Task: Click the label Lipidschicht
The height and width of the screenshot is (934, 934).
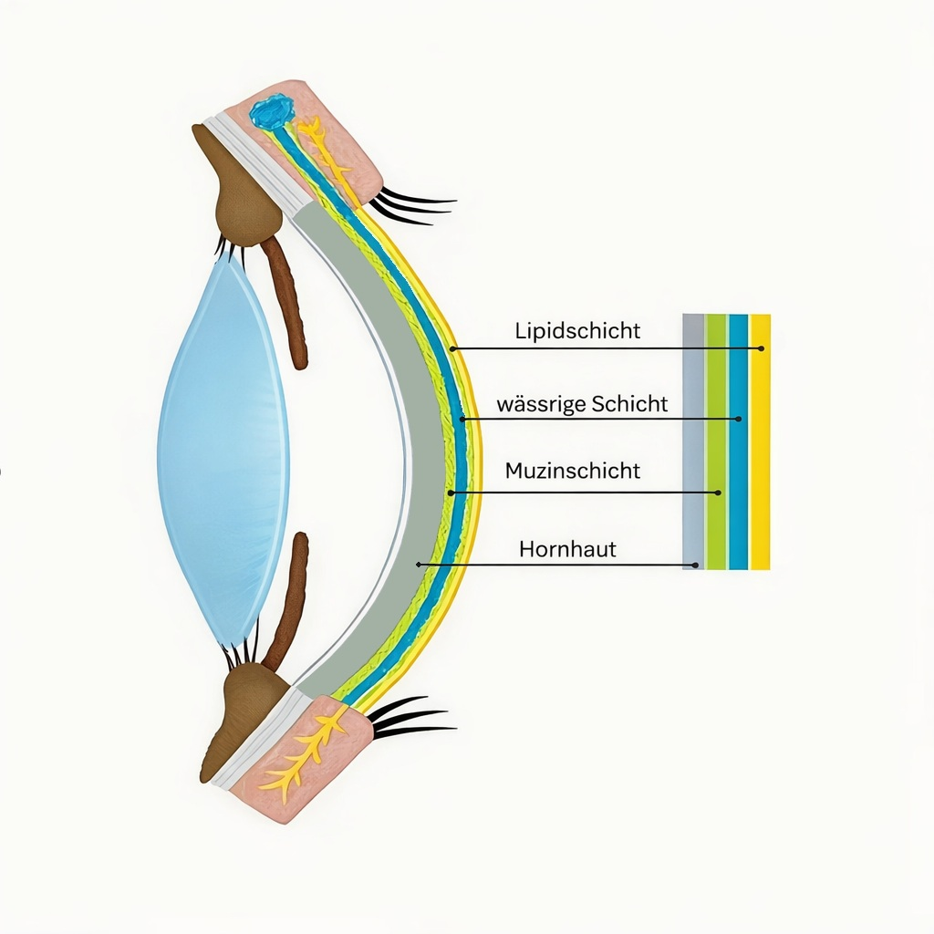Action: coord(577,331)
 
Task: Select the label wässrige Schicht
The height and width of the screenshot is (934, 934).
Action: coord(582,404)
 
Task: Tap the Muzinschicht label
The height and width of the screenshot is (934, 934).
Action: coord(573,472)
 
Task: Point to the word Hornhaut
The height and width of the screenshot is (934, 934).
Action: coord(567,549)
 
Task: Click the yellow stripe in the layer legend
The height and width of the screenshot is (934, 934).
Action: coord(760,441)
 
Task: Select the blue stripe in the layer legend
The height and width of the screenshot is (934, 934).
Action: coord(738,441)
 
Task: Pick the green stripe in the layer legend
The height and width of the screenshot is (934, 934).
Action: coord(716,441)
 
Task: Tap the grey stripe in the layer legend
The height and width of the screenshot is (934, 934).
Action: coord(693,441)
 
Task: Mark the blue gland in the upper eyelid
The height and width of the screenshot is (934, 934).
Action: coord(272,113)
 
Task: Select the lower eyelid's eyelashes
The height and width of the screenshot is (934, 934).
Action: coord(411,717)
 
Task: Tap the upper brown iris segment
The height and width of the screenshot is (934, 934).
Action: coord(288,304)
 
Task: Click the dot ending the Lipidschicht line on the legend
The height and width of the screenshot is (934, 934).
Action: coord(762,348)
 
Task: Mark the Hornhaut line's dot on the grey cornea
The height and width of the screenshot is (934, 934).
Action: coord(419,564)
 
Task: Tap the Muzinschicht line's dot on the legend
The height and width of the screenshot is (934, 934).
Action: coord(718,493)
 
